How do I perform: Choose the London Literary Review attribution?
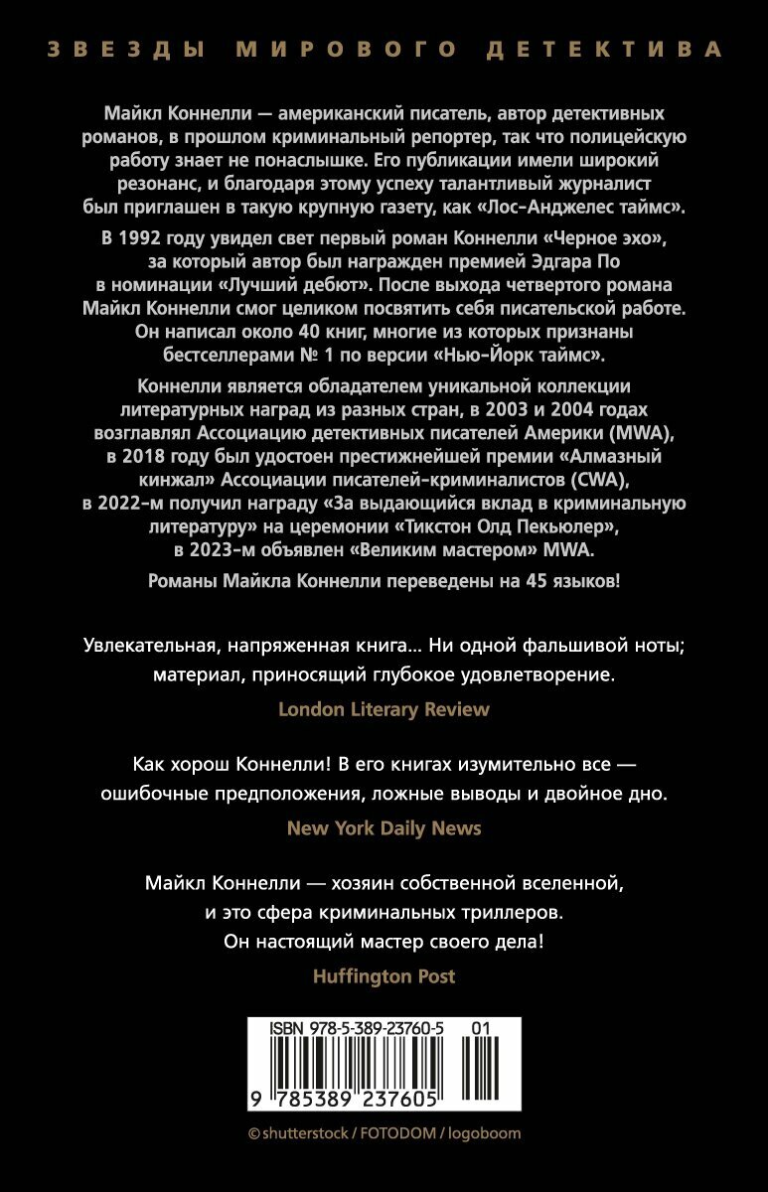coord(384,708)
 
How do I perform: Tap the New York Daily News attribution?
coord(384,827)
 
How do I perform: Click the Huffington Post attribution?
coord(384,975)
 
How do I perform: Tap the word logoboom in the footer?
coord(486,1133)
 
